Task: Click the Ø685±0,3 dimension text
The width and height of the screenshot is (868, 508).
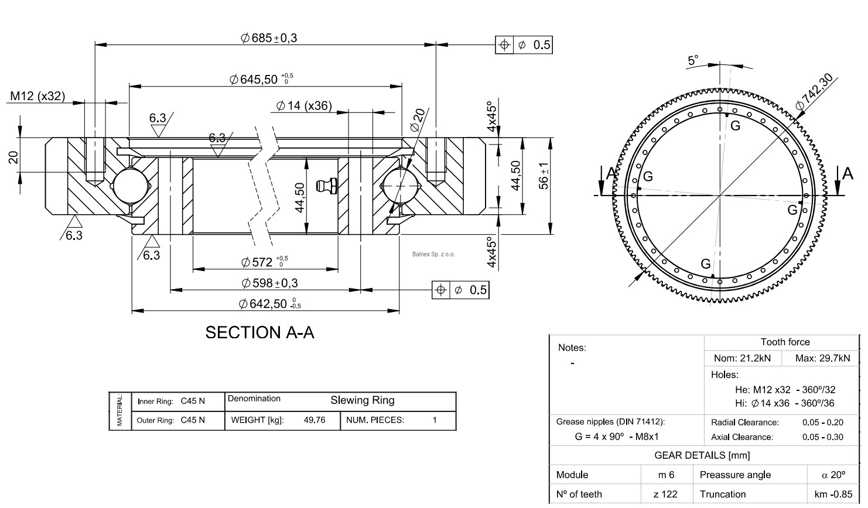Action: [269, 38]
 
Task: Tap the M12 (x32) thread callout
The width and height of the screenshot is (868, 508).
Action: [37, 97]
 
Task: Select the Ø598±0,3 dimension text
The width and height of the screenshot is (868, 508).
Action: [269, 283]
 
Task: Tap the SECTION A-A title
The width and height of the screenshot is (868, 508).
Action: [259, 333]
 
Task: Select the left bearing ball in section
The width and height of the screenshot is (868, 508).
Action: [128, 186]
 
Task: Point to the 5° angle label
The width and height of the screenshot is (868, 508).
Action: [693, 60]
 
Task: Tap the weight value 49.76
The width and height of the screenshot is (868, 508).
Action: [315, 420]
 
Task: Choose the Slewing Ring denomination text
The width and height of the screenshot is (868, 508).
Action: [362, 400]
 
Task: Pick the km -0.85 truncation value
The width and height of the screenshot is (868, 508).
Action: [833, 495]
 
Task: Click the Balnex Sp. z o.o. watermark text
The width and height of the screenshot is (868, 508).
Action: [433, 254]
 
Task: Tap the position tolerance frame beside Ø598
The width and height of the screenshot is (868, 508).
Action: [460, 290]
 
